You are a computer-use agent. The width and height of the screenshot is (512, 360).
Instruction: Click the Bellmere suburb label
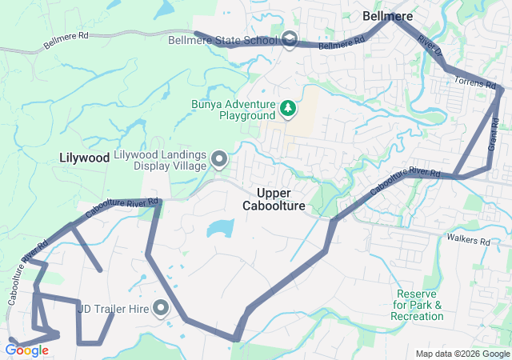[x=388, y=15]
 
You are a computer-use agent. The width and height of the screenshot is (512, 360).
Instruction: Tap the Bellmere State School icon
[x=289, y=39]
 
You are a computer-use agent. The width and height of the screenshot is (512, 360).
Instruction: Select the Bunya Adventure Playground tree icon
[x=287, y=107]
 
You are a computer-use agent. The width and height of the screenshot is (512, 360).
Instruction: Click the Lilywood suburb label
[x=84, y=158]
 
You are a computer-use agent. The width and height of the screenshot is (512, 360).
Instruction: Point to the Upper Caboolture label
[x=274, y=199]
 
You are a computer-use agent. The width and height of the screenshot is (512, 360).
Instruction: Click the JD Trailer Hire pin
[x=161, y=308]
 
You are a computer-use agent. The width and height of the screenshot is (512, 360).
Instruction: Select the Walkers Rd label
[x=468, y=240]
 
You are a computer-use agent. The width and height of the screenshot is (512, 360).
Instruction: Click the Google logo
[x=26, y=350]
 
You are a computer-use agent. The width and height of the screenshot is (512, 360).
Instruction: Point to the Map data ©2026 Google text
[x=462, y=354]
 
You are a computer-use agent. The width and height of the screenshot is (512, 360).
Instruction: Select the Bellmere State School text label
[x=222, y=39]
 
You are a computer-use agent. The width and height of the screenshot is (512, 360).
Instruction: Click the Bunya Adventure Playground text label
[x=233, y=110]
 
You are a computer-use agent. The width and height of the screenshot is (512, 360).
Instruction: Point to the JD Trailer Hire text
[x=114, y=308]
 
